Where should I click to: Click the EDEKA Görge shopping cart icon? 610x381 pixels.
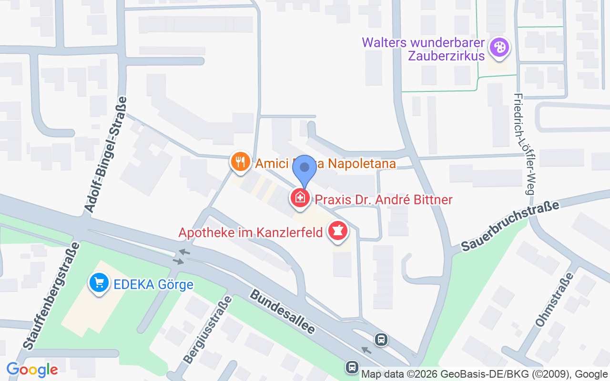click(99, 283)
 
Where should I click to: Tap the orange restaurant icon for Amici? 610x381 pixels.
click(241, 162)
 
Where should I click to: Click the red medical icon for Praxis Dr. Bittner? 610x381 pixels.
click(300, 197)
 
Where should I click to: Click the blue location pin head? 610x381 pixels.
click(305, 167)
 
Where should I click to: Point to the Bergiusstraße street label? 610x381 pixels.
click(208, 330)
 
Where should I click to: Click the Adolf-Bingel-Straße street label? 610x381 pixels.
click(105, 154)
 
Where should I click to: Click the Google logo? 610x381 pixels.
click(32, 370)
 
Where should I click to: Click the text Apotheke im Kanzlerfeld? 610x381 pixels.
click(251, 233)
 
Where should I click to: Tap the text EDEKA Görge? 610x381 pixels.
click(153, 285)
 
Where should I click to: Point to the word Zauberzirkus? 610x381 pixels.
click(446, 55)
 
